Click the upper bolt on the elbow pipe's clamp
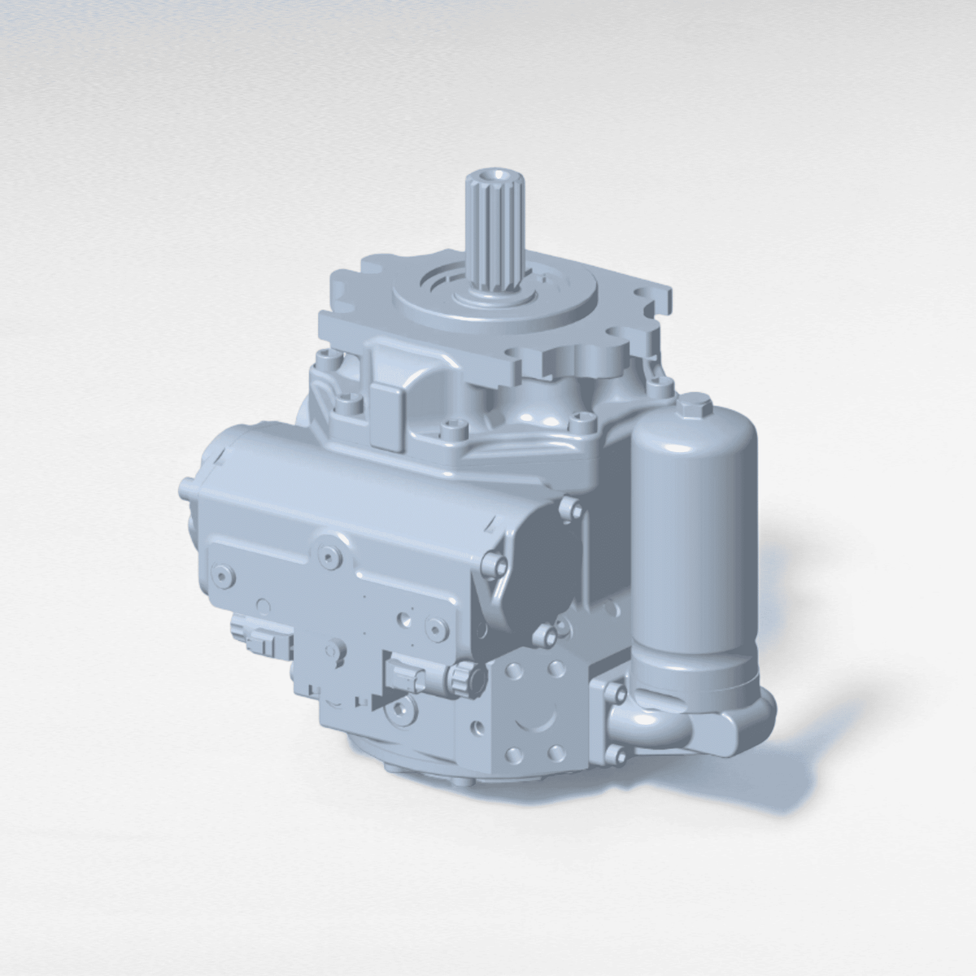[613, 694]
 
